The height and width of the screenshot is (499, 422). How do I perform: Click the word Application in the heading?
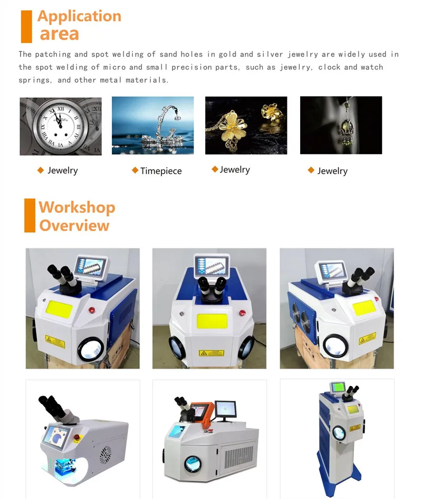pos(79,16)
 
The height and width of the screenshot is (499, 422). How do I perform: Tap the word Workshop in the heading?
pos(77,207)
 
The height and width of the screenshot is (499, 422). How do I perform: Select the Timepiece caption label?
pos(161,171)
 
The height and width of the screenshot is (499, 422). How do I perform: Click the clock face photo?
pos(60,126)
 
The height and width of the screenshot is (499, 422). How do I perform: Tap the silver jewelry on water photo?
pos(152,126)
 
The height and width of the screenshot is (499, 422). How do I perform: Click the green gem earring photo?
pos(341,126)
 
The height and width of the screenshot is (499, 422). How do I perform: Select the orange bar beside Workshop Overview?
pos(30,215)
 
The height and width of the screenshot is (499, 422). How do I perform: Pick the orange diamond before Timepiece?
pos(135,170)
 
